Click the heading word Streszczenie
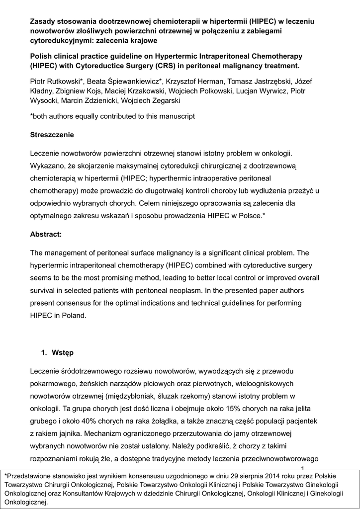pyautogui.click(x=52, y=135)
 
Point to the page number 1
pyautogui.click(x=303, y=469)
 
